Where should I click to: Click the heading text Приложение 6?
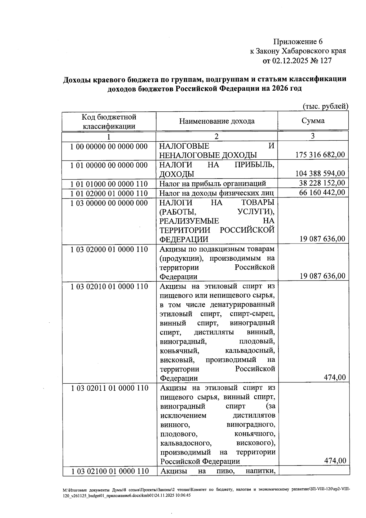click(298, 42)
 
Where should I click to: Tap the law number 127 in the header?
click(326, 61)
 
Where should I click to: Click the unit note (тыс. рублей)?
click(325, 106)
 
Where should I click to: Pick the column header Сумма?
click(313, 121)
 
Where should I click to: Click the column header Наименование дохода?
click(217, 121)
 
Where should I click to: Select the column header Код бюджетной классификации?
click(109, 121)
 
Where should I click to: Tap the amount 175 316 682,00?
click(320, 155)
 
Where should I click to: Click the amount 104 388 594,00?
click(320, 174)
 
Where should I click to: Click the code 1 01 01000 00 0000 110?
click(109, 184)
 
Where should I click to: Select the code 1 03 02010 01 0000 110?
click(109, 286)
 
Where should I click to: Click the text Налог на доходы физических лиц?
click(216, 193)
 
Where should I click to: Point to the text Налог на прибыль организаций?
click(213, 183)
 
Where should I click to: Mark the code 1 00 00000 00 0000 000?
click(109, 147)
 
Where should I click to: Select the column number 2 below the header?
click(216, 136)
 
